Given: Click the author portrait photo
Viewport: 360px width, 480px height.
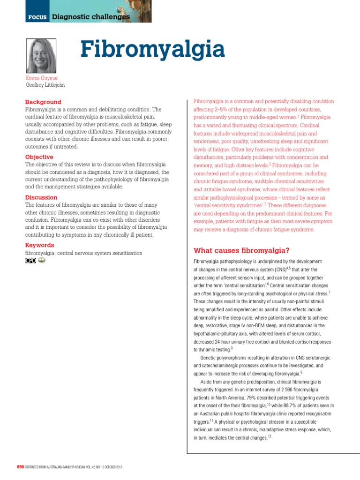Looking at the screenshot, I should coord(41,55).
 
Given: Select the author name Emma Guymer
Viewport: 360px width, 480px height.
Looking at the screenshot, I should coord(42,78).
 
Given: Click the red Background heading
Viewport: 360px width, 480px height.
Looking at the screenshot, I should coord(43,102).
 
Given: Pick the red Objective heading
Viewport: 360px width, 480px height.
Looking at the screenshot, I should coord(39,157).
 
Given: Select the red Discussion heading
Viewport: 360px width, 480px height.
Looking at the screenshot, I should coord(41,197).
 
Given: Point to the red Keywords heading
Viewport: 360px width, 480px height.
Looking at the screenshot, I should coord(39,245).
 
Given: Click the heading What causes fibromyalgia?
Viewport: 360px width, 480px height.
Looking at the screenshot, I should coord(242,249).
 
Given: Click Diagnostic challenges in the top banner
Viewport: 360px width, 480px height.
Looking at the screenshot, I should coord(90,17).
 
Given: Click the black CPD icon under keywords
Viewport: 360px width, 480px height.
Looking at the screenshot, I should coord(30,261).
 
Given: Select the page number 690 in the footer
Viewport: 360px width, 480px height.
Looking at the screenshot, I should coord(20,467).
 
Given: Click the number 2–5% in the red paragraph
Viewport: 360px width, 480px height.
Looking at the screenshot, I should coord(224,110).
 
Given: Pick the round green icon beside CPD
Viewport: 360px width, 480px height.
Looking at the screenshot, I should coord(42,261).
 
